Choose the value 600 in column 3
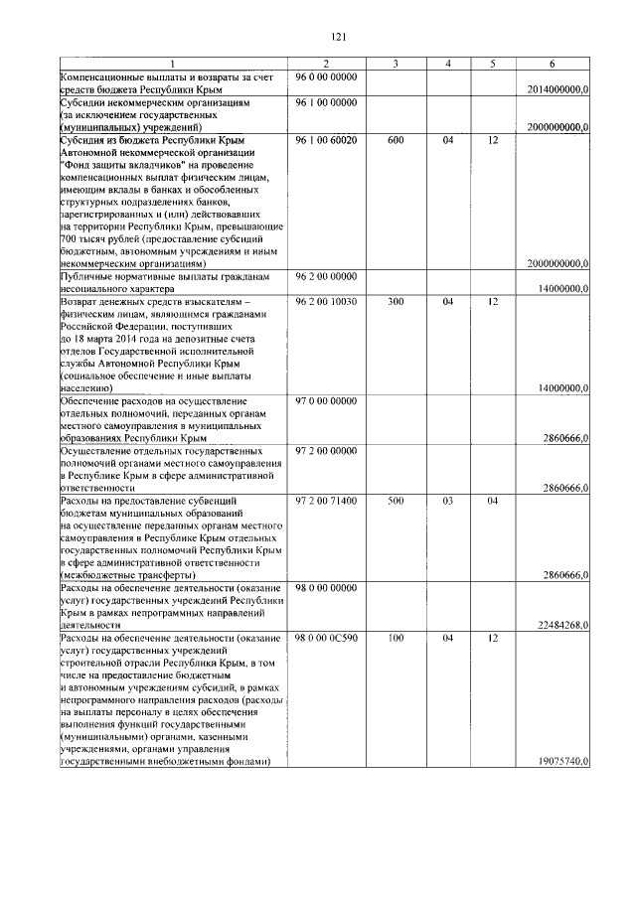point(395,140)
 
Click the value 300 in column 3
point(395,301)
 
